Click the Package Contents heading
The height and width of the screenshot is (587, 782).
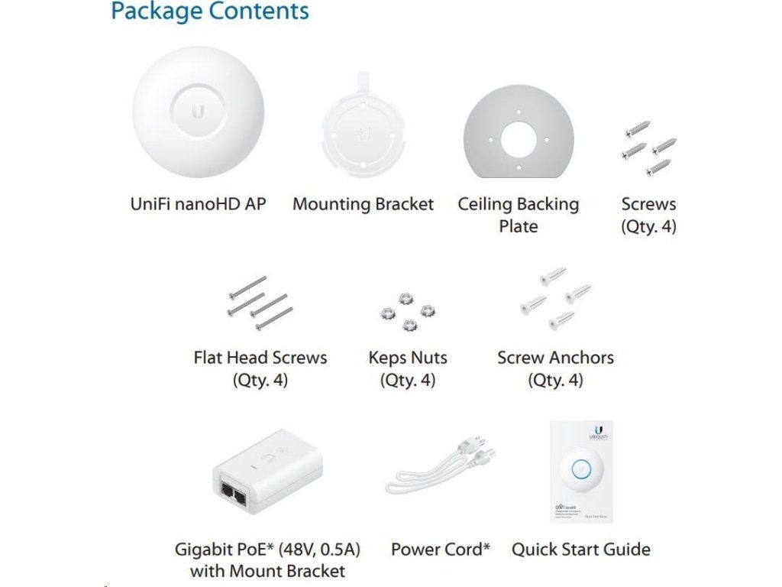[x=210, y=11]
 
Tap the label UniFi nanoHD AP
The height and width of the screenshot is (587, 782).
[x=199, y=204]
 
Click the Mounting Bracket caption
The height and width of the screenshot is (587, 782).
[x=363, y=204]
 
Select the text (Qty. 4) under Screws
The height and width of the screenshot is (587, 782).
[x=648, y=226]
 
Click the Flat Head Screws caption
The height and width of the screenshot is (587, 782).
[x=260, y=358]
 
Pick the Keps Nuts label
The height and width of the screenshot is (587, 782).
[x=408, y=358]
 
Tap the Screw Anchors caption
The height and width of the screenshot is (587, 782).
[x=555, y=358]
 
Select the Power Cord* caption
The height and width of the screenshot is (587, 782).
[x=440, y=549]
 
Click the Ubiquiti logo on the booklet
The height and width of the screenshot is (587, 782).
[x=596, y=433]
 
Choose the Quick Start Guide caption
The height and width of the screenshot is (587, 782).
[x=580, y=549]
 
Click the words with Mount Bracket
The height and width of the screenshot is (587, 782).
[x=267, y=571]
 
